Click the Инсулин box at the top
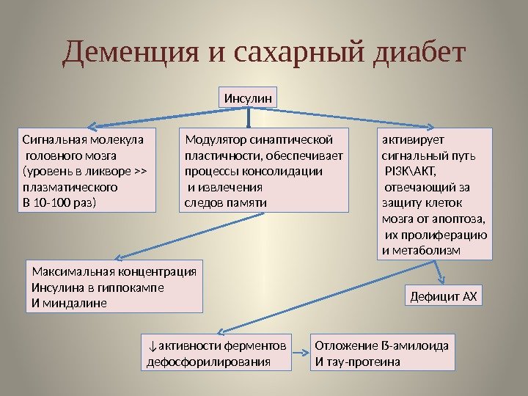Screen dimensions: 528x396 coord(249,96)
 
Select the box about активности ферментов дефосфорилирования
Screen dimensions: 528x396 coord(215,353)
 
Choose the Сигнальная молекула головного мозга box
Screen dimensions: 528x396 coord(87,169)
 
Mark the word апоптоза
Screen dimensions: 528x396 coord(461,219)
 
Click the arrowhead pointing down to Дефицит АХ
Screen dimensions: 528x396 coord(441,279)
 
